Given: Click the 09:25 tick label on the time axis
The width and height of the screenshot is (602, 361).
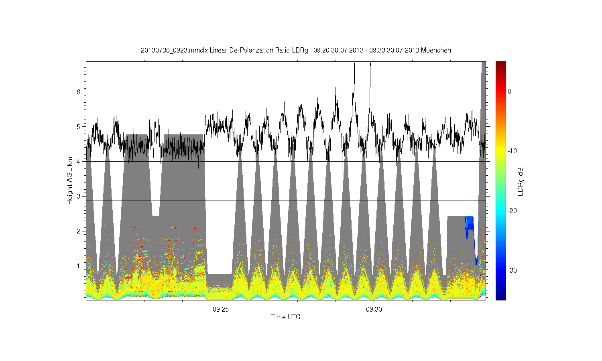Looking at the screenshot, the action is pos(221,309).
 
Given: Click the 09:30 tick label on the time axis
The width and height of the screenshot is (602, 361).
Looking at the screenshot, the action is pos(374,309).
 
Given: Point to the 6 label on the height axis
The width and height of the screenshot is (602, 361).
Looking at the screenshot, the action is pos(79,92).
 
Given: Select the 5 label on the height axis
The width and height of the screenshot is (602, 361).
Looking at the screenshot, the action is pos(79,127).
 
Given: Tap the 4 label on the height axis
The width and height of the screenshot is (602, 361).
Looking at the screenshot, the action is pos(79,162).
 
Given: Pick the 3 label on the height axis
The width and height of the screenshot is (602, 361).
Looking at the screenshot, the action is pos(79,197).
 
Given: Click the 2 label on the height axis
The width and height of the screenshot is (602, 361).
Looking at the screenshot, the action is pos(79,231).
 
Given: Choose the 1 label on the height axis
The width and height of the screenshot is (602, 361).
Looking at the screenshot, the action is pos(79,266).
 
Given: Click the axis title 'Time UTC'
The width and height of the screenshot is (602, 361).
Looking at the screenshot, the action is pos(286,317).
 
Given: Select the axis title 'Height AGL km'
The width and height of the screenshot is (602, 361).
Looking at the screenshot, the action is pos(69,181).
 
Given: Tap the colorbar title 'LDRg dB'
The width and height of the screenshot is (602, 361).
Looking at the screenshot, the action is pos(520,182).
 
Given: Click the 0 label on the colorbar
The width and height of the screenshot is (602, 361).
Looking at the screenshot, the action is pos(509,91).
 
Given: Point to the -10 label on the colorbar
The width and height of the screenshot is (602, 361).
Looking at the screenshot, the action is pos(512,151).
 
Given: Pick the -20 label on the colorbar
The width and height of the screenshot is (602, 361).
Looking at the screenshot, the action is pos(512,211).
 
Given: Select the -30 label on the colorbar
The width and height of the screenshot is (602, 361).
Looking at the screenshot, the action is pos(512,270).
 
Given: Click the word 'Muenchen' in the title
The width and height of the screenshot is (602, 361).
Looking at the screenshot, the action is pos(436,50).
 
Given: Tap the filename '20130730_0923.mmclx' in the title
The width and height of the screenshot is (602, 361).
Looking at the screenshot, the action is pos(174,50).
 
